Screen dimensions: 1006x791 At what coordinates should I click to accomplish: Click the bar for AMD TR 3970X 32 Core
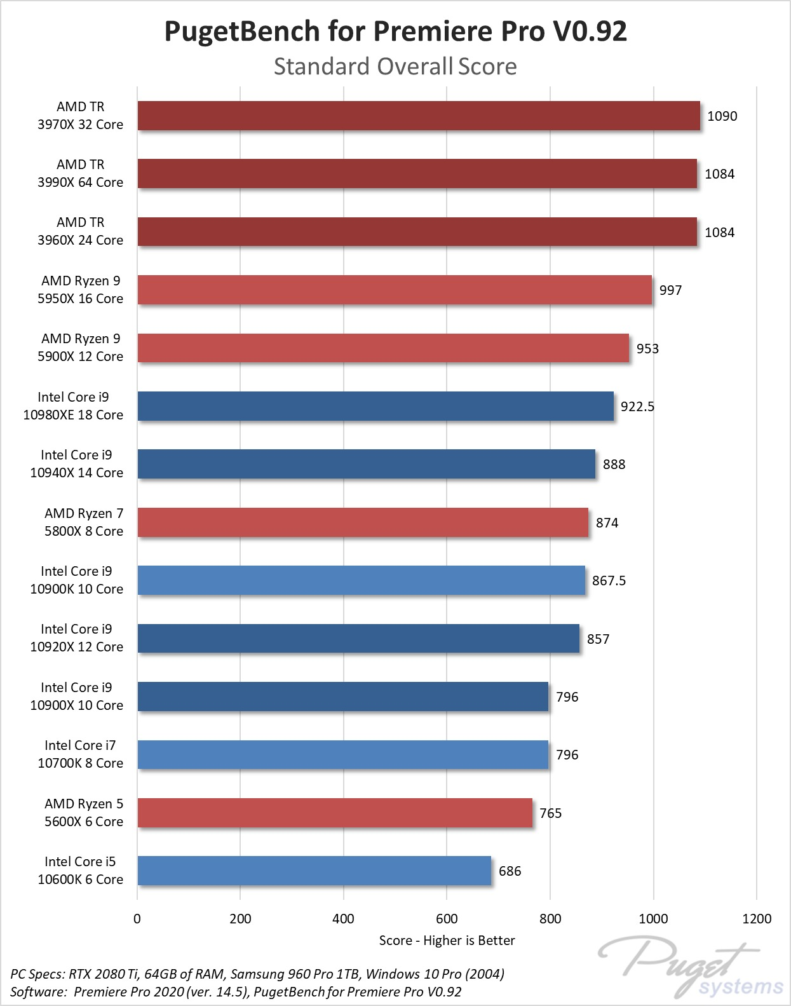coord(419,116)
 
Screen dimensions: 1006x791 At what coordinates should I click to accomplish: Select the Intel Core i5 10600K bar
coord(314,871)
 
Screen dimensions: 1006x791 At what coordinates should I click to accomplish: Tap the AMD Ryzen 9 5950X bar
coord(395,290)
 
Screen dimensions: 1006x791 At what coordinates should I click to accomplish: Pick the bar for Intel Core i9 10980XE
coord(375,406)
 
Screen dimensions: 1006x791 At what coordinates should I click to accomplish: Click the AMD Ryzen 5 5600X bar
coord(335,813)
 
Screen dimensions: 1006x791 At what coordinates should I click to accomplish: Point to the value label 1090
coord(722,116)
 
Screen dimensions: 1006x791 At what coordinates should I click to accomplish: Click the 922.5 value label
coord(637,407)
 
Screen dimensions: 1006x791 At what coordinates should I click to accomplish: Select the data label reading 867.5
coord(609,581)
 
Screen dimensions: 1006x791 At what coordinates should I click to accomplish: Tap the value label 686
coord(510,871)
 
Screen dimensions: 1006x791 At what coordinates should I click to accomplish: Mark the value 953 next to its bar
coord(647,349)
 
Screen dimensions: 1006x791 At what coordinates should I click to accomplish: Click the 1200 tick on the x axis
coord(757,918)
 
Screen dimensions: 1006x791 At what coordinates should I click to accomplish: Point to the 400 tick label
coord(343,918)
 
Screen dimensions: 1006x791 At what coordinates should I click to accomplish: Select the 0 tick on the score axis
coord(137,918)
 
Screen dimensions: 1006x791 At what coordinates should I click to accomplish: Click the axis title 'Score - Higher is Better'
coord(447,941)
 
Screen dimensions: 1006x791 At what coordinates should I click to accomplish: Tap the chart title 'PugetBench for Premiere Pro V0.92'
coord(395,31)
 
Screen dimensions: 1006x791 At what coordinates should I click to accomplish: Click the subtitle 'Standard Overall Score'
coord(395,66)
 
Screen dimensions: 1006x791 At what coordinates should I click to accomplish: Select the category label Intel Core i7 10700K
coord(80,754)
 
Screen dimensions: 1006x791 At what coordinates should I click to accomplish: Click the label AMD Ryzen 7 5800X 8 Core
coord(84,522)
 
